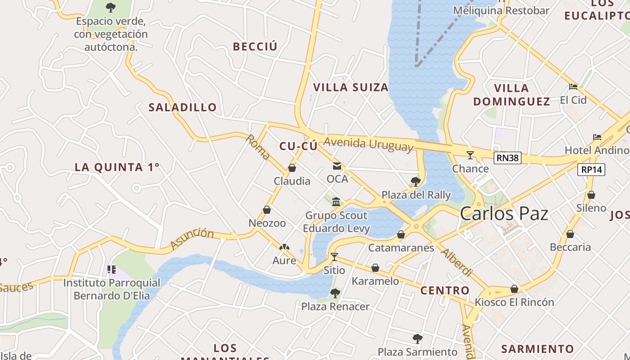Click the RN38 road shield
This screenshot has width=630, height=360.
point(507,157)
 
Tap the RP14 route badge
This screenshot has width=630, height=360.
point(591,169)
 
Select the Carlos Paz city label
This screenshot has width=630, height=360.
point(504,213)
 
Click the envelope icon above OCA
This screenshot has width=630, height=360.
point(337,166)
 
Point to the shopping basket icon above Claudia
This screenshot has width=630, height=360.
point(292,168)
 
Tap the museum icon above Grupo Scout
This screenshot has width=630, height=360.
point(336,202)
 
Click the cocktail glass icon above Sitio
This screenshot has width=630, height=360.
point(334,257)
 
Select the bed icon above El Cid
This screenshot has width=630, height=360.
point(573,86)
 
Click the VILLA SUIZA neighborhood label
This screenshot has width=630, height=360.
point(351,87)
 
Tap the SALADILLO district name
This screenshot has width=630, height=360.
point(183,107)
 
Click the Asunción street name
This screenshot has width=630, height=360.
point(192,238)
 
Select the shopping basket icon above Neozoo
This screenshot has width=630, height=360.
point(267,210)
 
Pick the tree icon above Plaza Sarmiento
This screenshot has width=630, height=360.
point(418,338)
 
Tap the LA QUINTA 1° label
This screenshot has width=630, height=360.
point(117,167)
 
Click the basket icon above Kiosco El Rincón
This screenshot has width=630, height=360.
point(514,289)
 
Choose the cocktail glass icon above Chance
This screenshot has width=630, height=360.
point(470,155)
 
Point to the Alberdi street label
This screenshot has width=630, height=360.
point(456,262)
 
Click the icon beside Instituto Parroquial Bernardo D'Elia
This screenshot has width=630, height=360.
point(111,270)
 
